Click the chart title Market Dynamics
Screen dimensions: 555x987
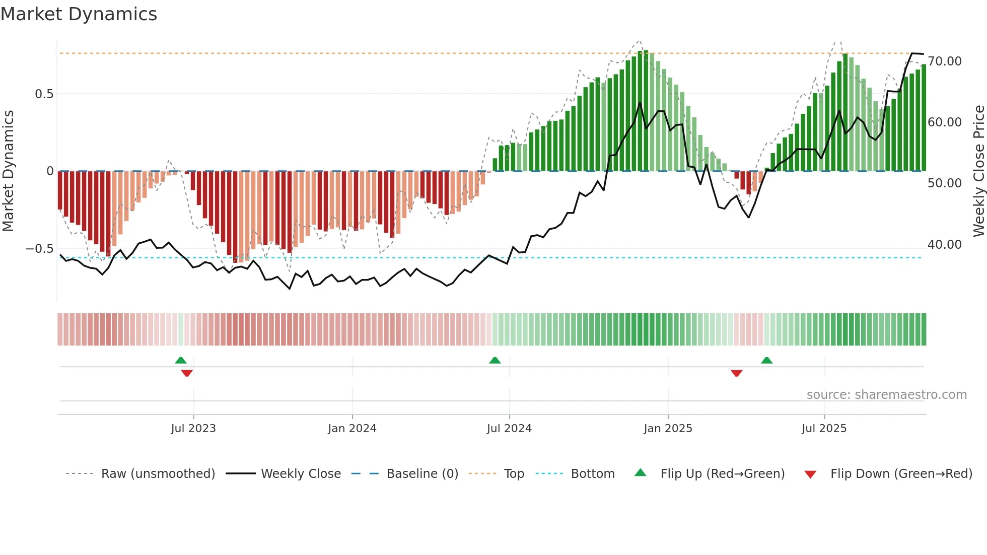[79, 14]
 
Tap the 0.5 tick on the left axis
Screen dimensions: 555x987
[44, 94]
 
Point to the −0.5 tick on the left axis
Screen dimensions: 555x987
[40, 249]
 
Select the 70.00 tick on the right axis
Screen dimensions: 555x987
[945, 61]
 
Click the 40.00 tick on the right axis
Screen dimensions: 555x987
[945, 245]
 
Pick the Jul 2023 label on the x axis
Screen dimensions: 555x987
[193, 429]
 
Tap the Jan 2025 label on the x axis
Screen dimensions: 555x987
[668, 429]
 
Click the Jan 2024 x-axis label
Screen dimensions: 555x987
[352, 429]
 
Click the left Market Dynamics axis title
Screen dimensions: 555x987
[8, 171]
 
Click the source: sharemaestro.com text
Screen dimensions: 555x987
[886, 395]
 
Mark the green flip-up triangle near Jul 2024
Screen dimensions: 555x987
[495, 360]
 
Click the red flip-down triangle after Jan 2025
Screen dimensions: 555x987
[736, 373]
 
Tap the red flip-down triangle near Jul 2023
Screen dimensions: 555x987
[187, 373]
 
